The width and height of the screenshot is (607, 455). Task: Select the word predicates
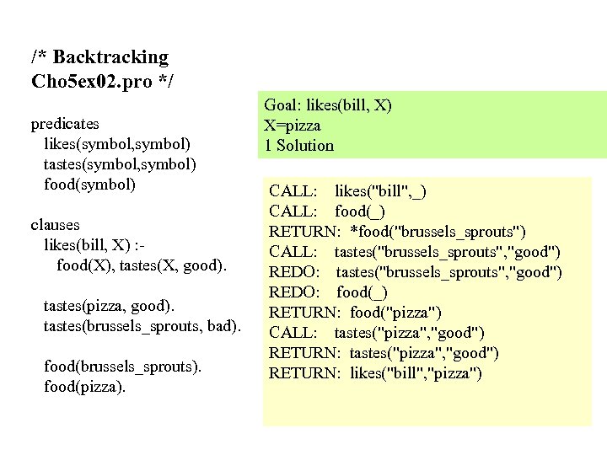[x=65, y=124]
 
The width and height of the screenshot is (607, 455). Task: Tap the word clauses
[x=55, y=225]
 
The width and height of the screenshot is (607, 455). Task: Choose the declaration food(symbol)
[x=89, y=184]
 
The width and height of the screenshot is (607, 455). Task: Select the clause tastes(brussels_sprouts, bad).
[x=142, y=325]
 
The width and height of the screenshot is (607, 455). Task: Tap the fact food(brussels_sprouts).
[x=122, y=367]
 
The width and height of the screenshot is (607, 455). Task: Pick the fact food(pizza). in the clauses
[x=84, y=387]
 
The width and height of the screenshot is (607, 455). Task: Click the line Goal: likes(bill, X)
[x=328, y=105]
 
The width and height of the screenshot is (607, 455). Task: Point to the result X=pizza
[x=293, y=126]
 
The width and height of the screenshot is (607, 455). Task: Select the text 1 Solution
[x=299, y=145]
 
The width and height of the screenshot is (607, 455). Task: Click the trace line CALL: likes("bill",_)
[x=347, y=190]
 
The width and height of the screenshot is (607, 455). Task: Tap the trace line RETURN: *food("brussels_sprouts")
[x=398, y=231]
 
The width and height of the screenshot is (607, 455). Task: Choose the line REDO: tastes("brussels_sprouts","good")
[x=416, y=271]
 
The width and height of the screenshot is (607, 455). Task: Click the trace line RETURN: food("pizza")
[x=355, y=312]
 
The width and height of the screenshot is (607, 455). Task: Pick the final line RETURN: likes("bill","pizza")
[x=375, y=373]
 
